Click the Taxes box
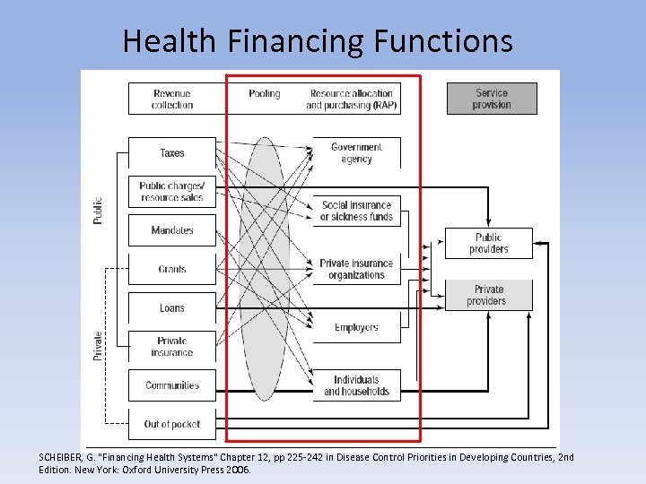click(x=172, y=153)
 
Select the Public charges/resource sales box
click(x=172, y=192)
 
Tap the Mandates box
click(x=172, y=230)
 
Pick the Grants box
click(x=172, y=269)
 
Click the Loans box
click(x=172, y=308)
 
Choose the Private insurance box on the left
click(x=172, y=347)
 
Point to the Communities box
click(x=172, y=385)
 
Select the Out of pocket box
click(x=172, y=424)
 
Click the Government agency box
click(x=356, y=153)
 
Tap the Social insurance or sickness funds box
click(x=356, y=211)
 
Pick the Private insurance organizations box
click(x=356, y=269)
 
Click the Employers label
click(x=356, y=327)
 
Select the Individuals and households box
click(x=356, y=385)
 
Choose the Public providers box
click(x=489, y=244)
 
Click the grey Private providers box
click(x=489, y=295)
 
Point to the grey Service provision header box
click(x=492, y=99)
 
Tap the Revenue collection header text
click(x=172, y=99)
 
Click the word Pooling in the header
click(x=265, y=93)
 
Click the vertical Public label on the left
click(x=99, y=211)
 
